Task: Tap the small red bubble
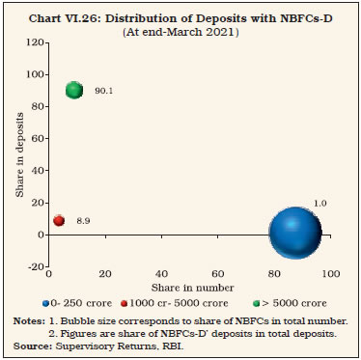(x=59, y=220)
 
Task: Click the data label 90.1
(x=104, y=91)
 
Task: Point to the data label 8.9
(x=83, y=221)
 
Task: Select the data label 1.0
(x=320, y=203)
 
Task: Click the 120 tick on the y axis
(x=38, y=42)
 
